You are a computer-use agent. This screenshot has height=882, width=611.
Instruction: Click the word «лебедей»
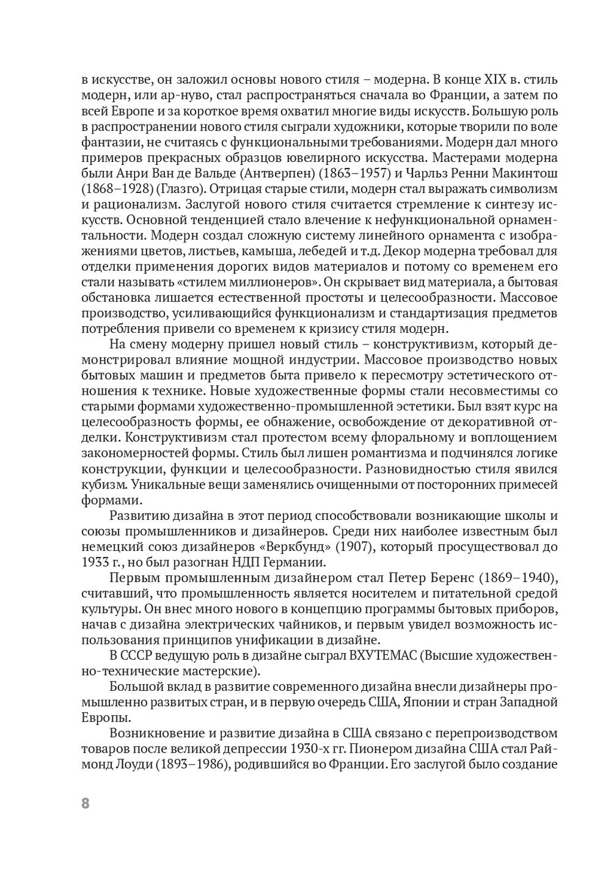click(x=378, y=250)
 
